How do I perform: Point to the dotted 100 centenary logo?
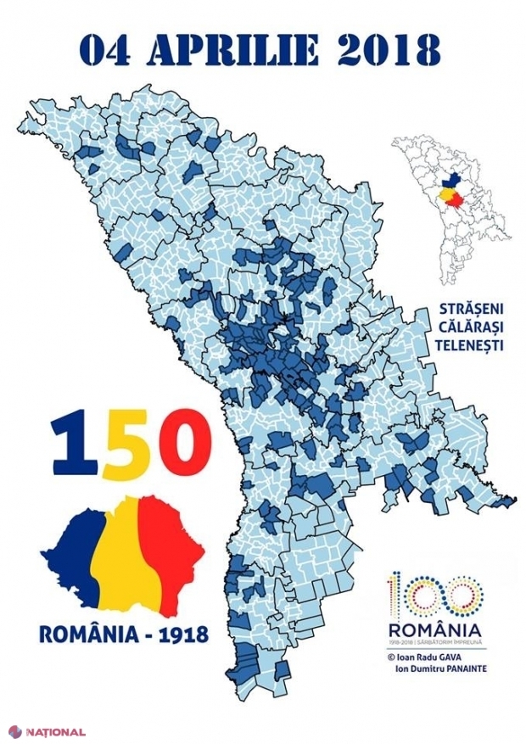432,594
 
